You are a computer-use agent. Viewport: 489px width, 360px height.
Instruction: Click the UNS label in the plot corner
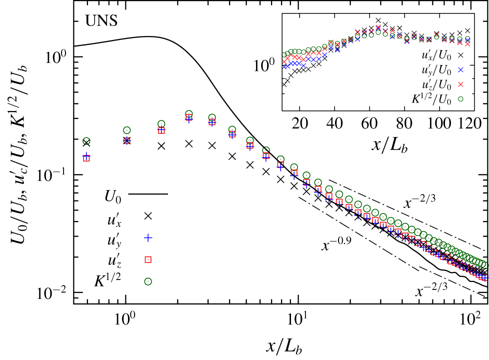pos(101,21)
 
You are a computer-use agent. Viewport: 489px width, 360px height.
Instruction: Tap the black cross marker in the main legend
pos(148,216)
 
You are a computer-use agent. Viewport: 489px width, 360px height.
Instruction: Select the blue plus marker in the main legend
pos(148,237)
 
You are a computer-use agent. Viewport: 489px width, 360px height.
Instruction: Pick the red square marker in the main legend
pos(148,259)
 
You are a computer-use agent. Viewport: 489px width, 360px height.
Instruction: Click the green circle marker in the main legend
pos(148,281)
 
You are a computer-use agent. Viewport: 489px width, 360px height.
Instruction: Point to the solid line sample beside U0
pos(148,194)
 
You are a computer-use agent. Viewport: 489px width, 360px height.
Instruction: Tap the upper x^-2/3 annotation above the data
pos(419,201)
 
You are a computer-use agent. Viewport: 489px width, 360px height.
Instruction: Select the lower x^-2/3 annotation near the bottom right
pos(431,290)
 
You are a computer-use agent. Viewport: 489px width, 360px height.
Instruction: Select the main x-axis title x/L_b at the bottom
pos(284,346)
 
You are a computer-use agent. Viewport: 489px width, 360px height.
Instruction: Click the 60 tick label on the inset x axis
pos(369,123)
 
